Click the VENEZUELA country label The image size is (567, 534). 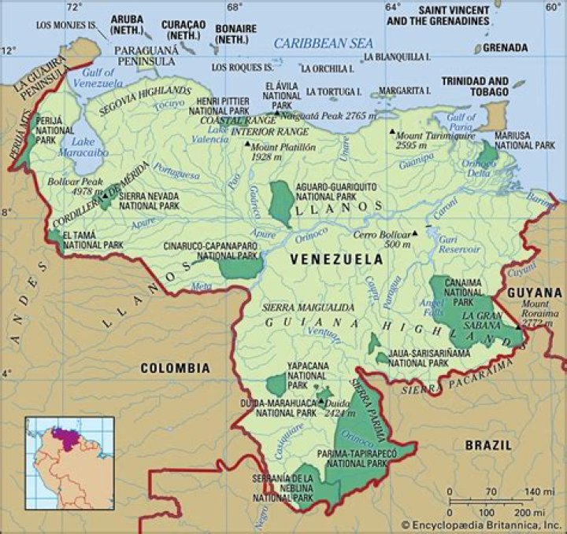coord(336,259)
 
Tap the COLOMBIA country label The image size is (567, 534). coord(175,367)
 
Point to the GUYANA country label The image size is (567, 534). coord(535,292)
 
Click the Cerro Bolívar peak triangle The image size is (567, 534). coord(415,234)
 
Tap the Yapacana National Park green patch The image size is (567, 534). coord(276,385)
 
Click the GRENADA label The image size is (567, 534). coord(505,47)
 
